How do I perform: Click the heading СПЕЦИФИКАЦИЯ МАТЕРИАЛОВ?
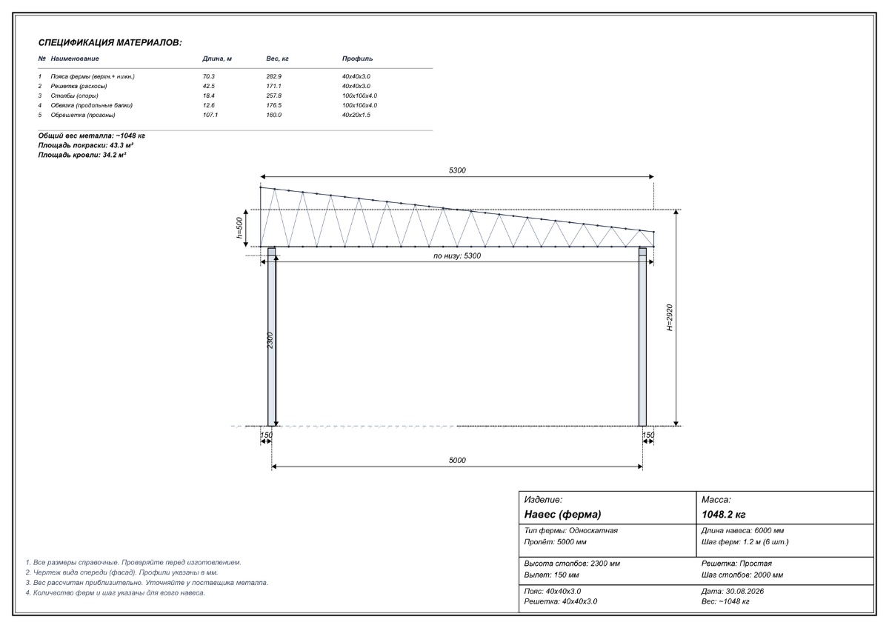pos(110,43)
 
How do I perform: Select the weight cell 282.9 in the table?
pos(274,76)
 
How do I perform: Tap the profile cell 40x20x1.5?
pos(356,115)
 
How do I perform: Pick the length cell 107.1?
pos(210,115)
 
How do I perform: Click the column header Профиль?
pos(357,59)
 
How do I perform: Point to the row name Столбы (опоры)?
pos(74,96)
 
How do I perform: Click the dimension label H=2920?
pos(670,318)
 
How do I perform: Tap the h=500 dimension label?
pos(239,227)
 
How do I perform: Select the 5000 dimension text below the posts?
pos(457,460)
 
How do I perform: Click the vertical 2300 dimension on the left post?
pos(270,341)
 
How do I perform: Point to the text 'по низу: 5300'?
pos(457,256)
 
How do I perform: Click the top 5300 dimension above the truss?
pos(457,170)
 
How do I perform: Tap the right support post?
pos(642,337)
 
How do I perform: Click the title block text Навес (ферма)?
pos(562,515)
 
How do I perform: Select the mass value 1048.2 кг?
pos(724,515)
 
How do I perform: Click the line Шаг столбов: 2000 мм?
pos(742,575)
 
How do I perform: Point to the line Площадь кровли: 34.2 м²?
pos(82,155)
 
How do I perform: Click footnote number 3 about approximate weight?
pos(147,583)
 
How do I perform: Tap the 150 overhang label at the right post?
pos(648,435)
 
